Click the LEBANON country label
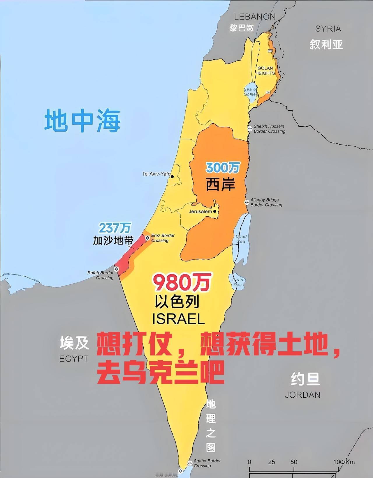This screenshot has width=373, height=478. [x=255, y=17]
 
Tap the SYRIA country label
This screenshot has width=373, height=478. [x=328, y=29]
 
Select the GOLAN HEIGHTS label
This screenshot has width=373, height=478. [x=265, y=71]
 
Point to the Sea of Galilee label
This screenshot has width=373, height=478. [x=251, y=92]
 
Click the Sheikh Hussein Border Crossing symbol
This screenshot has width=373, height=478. [x=250, y=129]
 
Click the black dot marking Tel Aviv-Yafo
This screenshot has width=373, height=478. [x=173, y=176]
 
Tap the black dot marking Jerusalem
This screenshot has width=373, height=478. [x=215, y=211]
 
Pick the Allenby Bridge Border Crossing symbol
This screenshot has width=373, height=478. [x=247, y=202]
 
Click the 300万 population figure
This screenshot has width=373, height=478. [x=223, y=168]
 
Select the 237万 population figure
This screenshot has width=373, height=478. [x=115, y=228]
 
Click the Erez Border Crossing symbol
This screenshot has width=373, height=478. [x=147, y=238]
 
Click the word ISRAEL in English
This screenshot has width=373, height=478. [x=178, y=319]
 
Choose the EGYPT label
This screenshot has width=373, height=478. [x=73, y=358]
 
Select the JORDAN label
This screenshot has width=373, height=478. [x=302, y=395]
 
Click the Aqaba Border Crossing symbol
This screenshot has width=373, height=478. [x=190, y=462]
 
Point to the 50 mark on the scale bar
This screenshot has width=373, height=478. [x=293, y=462]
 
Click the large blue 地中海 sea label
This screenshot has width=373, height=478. [x=82, y=121]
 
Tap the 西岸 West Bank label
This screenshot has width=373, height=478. [x=221, y=184]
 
